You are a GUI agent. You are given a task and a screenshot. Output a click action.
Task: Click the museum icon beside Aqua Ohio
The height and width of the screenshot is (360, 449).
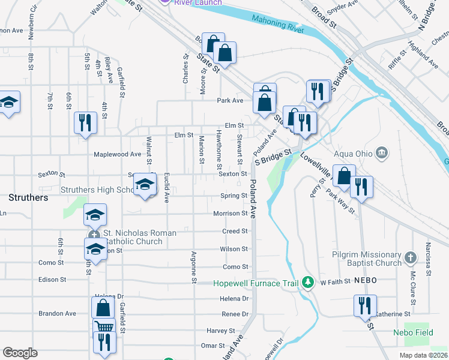click(381, 153)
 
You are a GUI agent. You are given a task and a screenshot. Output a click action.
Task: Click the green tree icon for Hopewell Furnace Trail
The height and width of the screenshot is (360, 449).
click(308, 282)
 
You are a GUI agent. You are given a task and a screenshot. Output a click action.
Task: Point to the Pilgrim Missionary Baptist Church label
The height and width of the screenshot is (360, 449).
click(366, 259)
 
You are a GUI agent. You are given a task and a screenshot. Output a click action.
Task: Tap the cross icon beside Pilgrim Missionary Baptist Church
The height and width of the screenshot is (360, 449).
click(411, 258)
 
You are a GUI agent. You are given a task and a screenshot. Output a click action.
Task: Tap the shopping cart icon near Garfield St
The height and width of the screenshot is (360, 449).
click(104, 328)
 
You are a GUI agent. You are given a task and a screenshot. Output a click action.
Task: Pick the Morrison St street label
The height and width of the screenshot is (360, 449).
click(230, 214)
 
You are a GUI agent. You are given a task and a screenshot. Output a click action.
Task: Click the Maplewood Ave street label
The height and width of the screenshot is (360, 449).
click(117, 154)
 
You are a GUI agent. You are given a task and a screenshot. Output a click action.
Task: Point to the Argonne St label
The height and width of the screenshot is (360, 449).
click(194, 267)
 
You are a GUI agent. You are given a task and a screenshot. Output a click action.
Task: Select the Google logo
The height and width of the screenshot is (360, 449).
click(20, 353)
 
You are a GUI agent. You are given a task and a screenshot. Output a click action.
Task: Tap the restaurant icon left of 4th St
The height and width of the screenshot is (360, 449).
click(85, 122)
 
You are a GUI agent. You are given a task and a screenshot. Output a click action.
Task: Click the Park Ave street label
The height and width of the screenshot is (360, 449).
click(229, 100)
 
